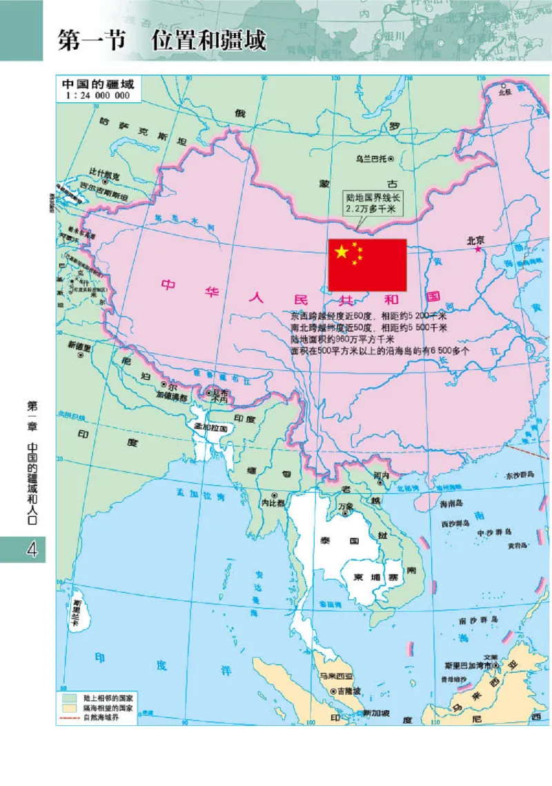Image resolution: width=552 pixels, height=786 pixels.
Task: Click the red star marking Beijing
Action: pos(477,249)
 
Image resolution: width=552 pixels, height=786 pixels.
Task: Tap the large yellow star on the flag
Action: pos(342,251)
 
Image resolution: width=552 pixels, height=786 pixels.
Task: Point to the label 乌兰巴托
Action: pos(371,158)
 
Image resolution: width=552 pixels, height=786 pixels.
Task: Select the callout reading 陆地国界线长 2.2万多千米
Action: pos(373,202)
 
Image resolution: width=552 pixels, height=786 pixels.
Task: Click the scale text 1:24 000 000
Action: pos(99,96)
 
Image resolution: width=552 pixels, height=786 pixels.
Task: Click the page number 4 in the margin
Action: pos(30,550)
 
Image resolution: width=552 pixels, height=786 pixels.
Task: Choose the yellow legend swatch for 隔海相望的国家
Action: pos(68,708)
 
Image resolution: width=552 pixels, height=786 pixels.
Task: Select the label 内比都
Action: pos(273,504)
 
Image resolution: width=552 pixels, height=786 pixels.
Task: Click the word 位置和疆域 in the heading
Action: pos(208,41)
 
